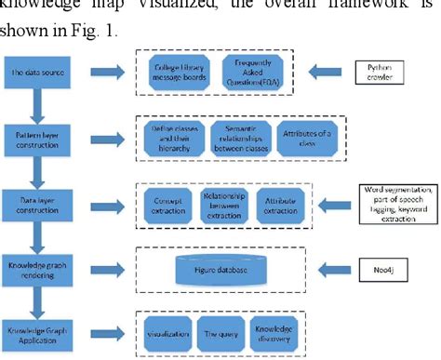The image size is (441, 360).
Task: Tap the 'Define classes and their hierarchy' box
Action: pos(169,133)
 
